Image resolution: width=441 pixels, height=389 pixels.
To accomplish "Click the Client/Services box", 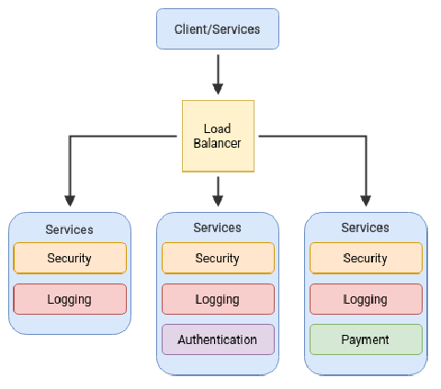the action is (x=218, y=29).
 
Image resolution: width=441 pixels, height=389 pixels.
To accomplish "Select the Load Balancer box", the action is (x=218, y=136).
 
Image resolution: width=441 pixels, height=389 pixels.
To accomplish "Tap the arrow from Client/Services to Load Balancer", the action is (x=218, y=74).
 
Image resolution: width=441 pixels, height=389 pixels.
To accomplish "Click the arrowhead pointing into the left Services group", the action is (x=70, y=201).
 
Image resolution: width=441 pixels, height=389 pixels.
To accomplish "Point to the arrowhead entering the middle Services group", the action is (x=218, y=201).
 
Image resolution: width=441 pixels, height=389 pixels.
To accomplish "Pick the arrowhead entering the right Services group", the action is (x=366, y=201).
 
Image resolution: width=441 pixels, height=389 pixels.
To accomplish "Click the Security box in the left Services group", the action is (x=70, y=258).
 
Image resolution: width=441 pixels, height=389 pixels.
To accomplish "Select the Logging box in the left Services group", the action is (x=70, y=299).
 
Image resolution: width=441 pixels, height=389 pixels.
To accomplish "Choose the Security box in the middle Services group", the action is (x=218, y=258).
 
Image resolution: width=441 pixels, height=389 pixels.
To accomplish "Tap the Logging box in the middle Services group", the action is (x=218, y=299).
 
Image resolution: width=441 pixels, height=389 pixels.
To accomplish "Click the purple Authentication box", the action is (x=218, y=339).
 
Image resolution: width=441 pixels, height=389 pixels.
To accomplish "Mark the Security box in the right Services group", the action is (x=366, y=258).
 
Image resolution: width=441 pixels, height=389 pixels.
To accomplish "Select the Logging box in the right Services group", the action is (x=366, y=299).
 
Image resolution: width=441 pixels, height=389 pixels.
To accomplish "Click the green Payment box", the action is (x=366, y=339).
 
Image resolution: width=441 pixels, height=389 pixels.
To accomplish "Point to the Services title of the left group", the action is (x=70, y=229).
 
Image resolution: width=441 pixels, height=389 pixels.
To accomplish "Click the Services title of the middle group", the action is (x=218, y=228).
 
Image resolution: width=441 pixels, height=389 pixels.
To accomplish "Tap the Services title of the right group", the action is (x=366, y=228).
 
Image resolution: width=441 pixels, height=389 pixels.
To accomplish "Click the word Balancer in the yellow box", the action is (x=218, y=143).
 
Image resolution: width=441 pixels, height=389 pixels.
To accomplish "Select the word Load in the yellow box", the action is (x=218, y=128).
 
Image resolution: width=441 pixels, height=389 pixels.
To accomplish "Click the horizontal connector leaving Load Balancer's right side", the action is (x=312, y=136).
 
